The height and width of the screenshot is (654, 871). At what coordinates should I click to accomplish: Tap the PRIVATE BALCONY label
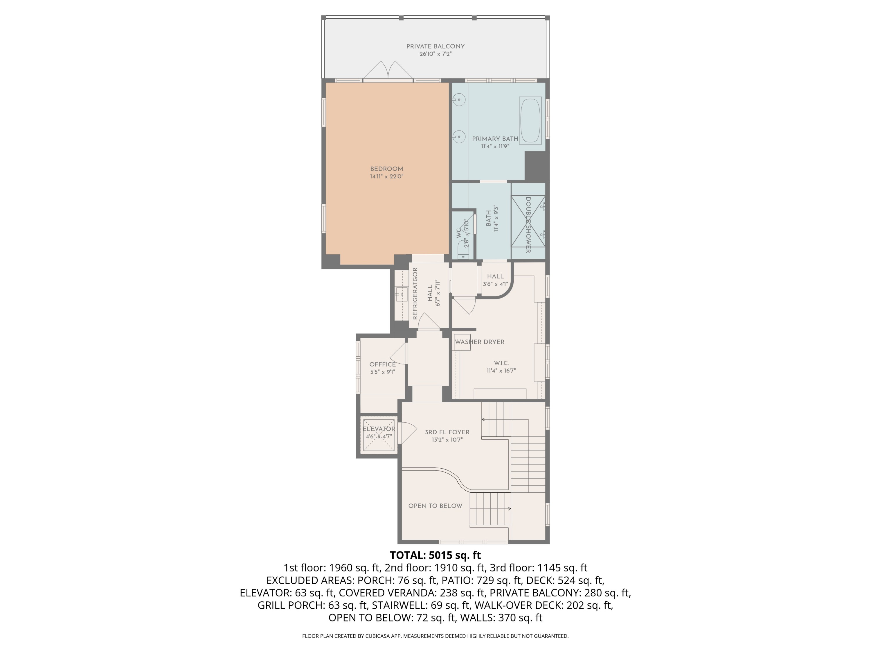pyautogui.click(x=435, y=47)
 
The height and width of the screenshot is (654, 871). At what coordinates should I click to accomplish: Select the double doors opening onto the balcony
pyautogui.click(x=388, y=71)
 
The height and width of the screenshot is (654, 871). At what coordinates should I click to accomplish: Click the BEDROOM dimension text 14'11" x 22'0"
pyautogui.click(x=387, y=177)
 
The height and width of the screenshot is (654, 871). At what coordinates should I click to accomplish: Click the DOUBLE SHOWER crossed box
pyautogui.click(x=528, y=221)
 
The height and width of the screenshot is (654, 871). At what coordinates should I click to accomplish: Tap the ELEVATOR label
pyautogui.click(x=379, y=429)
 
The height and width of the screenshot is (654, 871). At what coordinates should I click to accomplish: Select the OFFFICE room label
pyautogui.click(x=382, y=364)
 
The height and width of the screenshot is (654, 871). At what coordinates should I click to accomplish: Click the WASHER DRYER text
pyautogui.click(x=480, y=342)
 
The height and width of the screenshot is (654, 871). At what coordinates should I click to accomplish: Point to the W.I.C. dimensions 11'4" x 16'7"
pyautogui.click(x=501, y=371)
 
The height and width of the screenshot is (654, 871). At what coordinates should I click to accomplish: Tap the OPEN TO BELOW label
pyautogui.click(x=435, y=506)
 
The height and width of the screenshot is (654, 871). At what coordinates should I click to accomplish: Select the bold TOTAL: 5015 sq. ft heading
pyautogui.click(x=435, y=555)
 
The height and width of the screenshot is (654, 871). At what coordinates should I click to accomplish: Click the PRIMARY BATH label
pyautogui.click(x=495, y=139)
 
